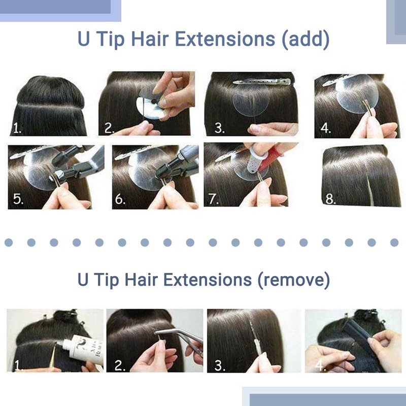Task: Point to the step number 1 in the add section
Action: pos(17,128)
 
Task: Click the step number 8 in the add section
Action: pos(330,199)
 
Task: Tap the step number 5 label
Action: pos(18,199)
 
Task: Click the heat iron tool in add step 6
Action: pos(180,160)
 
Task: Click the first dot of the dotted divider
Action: pos(9,243)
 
